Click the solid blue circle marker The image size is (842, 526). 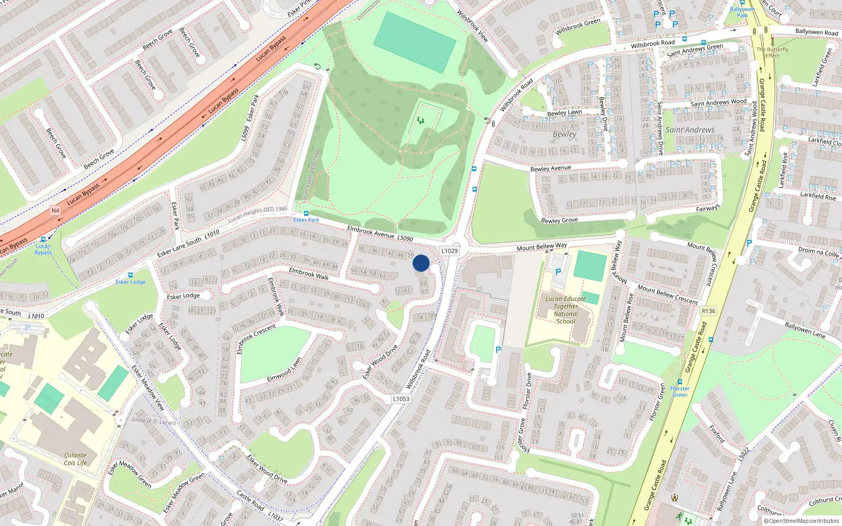point(421,263)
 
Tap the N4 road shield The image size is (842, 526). point(55,210)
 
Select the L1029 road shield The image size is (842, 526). point(449,251)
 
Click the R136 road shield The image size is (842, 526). point(708,311)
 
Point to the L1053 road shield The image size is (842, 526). point(401,399)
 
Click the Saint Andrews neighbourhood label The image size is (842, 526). point(690,130)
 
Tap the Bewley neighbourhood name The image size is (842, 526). point(565,134)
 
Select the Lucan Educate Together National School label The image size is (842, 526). point(566,310)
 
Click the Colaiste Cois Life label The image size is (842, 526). point(75,459)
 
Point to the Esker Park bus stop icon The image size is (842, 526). point(306,214)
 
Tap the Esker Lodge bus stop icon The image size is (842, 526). point(130,275)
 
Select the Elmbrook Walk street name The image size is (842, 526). point(309,274)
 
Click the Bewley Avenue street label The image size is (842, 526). point(550,168)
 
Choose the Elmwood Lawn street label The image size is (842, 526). point(284,370)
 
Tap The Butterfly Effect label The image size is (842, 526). point(773,52)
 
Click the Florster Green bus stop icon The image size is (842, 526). point(680,382)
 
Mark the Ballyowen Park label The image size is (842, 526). point(742,12)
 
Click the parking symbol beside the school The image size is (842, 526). point(558,272)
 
